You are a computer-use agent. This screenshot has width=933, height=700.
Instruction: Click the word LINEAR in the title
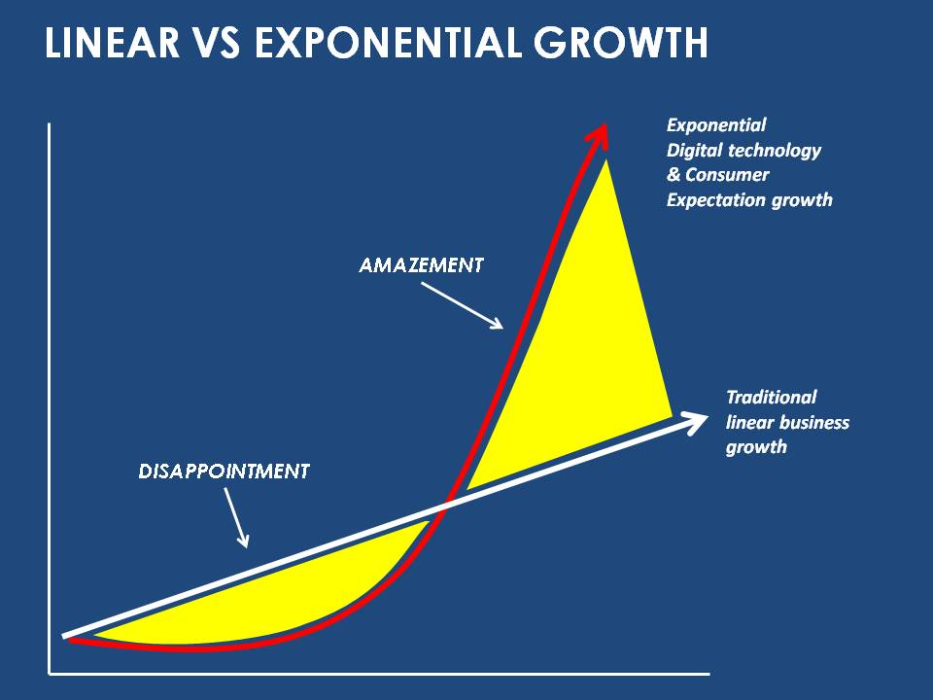(x=113, y=43)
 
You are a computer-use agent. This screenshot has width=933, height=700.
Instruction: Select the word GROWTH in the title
(x=621, y=43)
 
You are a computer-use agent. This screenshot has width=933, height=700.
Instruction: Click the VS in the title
(x=217, y=43)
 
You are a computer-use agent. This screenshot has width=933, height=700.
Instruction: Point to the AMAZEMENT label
(x=421, y=265)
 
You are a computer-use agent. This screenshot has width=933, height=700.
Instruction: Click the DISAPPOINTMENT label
(x=224, y=472)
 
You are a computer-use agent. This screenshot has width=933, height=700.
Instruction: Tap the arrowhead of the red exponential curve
(x=598, y=136)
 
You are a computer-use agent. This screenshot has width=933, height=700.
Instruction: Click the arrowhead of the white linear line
(x=694, y=422)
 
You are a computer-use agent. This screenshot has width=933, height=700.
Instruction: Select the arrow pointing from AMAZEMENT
(x=463, y=305)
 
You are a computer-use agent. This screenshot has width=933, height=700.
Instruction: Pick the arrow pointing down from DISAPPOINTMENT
(x=236, y=517)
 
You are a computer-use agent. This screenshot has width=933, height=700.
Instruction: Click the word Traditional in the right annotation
(x=771, y=397)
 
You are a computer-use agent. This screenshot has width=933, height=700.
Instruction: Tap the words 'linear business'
(x=787, y=423)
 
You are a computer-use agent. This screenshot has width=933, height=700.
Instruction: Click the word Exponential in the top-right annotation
(x=716, y=125)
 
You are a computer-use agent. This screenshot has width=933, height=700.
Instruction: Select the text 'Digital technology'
(x=743, y=151)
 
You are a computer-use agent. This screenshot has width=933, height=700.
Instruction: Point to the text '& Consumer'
(x=717, y=175)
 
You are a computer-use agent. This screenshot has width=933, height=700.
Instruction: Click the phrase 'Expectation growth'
(x=749, y=200)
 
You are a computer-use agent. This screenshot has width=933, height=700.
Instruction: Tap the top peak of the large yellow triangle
(x=606, y=160)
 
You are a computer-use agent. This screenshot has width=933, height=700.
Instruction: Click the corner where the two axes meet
(x=50, y=674)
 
